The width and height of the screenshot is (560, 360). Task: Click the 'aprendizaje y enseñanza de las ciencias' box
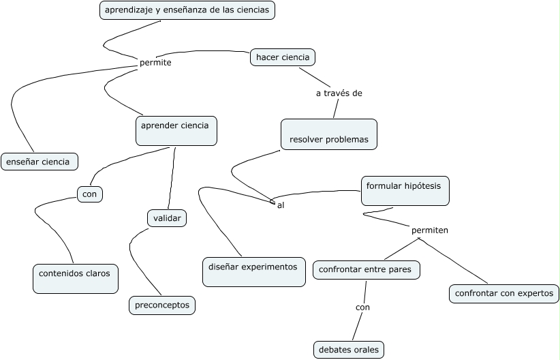pyautogui.click(x=187, y=10)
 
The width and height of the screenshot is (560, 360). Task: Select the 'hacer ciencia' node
pyautogui.click(x=283, y=57)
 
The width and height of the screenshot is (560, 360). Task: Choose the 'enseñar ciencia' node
pyautogui.click(x=39, y=162)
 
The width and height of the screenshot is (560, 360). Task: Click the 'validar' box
pyautogui.click(x=167, y=218)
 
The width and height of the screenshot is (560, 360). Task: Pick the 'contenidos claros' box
pyautogui.click(x=75, y=278)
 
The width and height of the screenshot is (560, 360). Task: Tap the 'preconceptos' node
pyautogui.click(x=162, y=305)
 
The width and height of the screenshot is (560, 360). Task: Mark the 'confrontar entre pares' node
pyautogui.click(x=366, y=270)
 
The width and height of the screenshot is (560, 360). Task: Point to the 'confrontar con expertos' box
pyautogui.click(x=504, y=294)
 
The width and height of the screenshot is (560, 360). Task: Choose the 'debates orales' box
pyautogui.click(x=349, y=350)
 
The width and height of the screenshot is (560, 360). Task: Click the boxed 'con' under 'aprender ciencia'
pyautogui.click(x=89, y=194)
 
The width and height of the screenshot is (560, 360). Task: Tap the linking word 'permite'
pyautogui.click(x=155, y=63)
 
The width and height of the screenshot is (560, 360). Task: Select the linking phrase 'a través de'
pyautogui.click(x=339, y=93)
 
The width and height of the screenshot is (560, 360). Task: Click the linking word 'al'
pyautogui.click(x=281, y=205)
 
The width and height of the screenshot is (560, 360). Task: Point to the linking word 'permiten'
pyautogui.click(x=430, y=230)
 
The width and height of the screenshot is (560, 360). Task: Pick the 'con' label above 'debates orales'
pyautogui.click(x=362, y=307)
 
